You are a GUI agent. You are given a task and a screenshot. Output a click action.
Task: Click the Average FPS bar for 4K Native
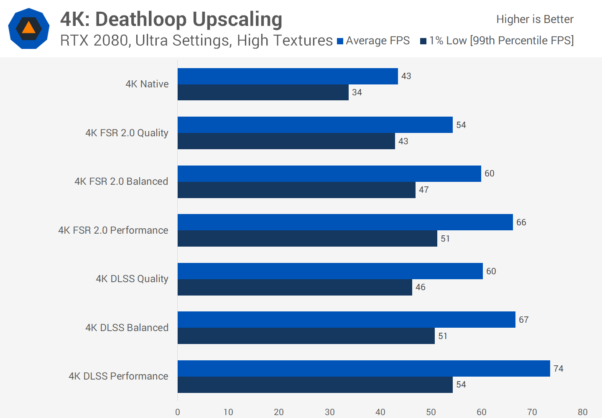[288, 76]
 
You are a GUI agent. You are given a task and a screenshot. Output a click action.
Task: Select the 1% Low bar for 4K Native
[263, 92]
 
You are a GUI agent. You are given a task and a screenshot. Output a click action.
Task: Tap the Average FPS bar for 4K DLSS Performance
[364, 368]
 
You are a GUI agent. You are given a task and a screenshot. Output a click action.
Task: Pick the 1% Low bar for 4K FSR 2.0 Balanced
[296, 190]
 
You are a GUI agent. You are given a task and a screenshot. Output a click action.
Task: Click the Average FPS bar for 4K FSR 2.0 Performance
[345, 222]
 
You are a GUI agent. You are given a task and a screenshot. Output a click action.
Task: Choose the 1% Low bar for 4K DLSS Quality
[295, 287]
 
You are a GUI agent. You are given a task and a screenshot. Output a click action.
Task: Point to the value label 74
[558, 368]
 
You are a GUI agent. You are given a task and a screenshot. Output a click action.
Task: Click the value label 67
[523, 320]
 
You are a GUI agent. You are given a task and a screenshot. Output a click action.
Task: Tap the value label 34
[357, 92]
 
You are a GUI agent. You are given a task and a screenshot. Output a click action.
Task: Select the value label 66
[521, 222]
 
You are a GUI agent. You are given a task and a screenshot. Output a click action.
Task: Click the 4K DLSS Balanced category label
[127, 328]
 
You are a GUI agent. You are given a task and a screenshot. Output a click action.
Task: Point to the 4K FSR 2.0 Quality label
[127, 133]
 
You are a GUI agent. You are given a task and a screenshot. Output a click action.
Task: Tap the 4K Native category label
[147, 84]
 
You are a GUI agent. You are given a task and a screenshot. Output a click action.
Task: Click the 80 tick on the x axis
[582, 412]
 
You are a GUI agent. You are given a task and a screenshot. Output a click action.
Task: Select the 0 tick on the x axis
[178, 412]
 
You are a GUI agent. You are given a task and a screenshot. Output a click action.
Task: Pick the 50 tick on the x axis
[431, 412]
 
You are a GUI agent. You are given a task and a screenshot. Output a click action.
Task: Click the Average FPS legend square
[340, 41]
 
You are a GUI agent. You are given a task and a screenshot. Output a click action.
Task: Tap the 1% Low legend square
[423, 41]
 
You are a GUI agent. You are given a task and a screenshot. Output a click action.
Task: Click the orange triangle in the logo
[28, 28]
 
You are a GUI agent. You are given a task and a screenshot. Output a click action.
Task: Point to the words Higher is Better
[535, 19]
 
